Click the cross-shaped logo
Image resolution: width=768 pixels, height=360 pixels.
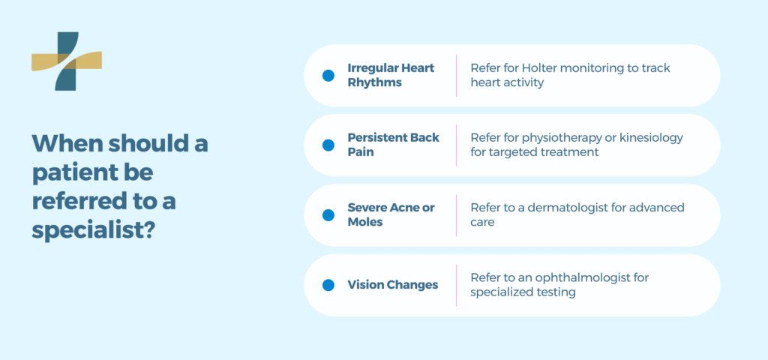click(x=67, y=61)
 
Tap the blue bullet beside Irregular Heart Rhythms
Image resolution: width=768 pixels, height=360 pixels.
click(x=328, y=75)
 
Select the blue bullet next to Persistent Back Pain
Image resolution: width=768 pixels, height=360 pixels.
click(x=328, y=145)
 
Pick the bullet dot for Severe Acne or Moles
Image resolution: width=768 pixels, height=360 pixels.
click(x=328, y=214)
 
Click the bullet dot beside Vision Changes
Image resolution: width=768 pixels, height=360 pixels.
click(x=328, y=285)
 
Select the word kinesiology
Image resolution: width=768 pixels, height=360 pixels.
click(x=650, y=138)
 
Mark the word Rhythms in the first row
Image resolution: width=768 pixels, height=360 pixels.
click(x=374, y=82)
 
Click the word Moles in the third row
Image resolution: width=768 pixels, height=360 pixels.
click(x=366, y=222)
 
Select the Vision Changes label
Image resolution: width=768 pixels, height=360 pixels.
click(x=392, y=285)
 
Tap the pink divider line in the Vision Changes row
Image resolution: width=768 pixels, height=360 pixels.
click(x=456, y=285)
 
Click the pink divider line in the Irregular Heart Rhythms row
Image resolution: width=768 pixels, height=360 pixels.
click(x=456, y=75)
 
